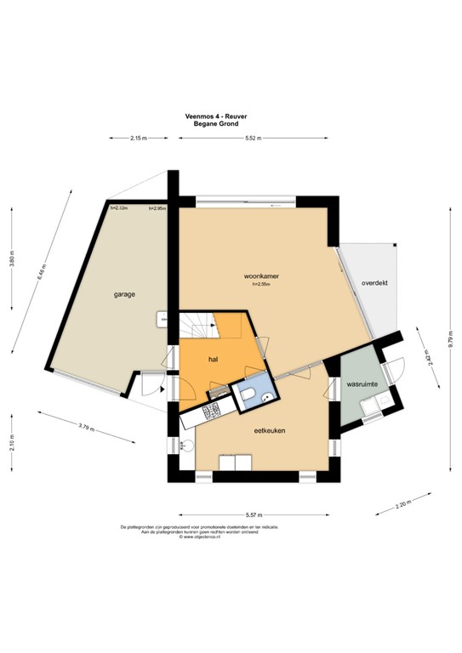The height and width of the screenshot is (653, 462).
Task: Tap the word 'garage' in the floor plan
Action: [x=125, y=294]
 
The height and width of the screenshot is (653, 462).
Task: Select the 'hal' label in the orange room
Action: [x=214, y=359]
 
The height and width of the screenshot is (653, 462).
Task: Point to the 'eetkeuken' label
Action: [x=269, y=431]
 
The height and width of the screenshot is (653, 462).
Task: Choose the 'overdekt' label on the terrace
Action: [x=374, y=282]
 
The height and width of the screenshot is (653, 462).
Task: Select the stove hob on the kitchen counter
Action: [x=211, y=412]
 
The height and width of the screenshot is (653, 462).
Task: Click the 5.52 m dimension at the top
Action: [x=253, y=138]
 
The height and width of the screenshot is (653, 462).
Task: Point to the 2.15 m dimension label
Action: [x=139, y=138]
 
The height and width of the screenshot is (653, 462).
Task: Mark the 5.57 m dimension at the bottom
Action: [x=254, y=514]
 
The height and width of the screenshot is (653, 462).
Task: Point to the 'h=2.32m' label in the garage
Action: [x=119, y=207]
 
